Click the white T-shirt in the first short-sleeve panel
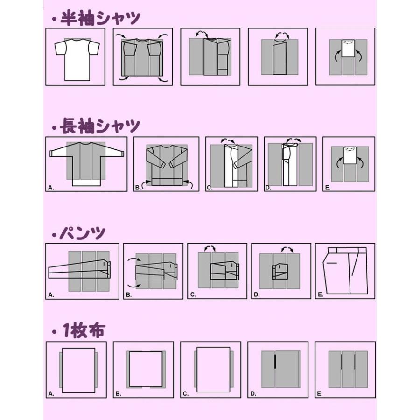click(x=77, y=58)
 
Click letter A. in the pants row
click(x=50, y=295)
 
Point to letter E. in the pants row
click(x=320, y=295)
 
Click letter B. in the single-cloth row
click(x=118, y=394)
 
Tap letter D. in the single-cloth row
click(x=253, y=394)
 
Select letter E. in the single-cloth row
click(x=320, y=394)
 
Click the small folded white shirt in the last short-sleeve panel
click(x=348, y=48)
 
